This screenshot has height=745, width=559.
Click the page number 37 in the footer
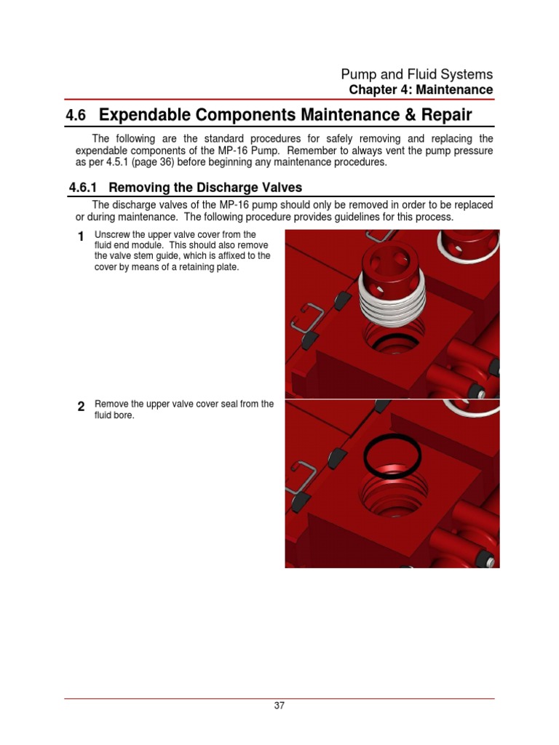click(279, 706)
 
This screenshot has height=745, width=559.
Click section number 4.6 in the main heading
click(76, 116)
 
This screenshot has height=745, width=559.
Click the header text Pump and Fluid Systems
click(416, 74)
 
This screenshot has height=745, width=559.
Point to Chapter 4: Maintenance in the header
click(421, 90)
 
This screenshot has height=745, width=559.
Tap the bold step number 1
click(80, 236)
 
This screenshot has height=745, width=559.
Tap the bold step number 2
click(80, 407)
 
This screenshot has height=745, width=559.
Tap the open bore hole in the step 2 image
click(390, 495)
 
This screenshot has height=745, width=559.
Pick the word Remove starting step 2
click(111, 405)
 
